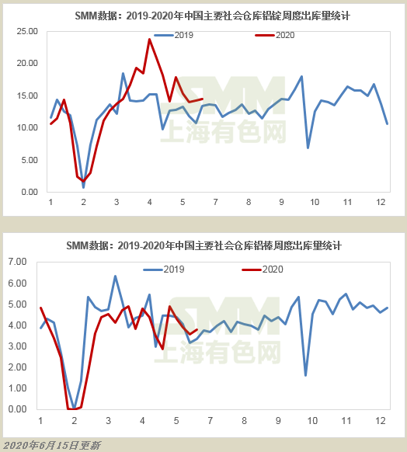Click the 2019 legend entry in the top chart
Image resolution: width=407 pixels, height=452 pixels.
coord(174,35)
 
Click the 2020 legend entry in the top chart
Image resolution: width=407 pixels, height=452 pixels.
coord(275,35)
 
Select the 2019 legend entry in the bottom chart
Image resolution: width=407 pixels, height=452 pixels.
coord(164,269)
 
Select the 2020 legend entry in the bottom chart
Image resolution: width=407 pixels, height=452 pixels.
coord(263,269)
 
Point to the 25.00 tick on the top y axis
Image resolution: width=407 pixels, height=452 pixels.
coord(27,31)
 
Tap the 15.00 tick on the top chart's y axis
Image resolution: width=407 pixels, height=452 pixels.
coord(27,96)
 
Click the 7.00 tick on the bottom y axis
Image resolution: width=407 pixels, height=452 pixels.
coord(18,262)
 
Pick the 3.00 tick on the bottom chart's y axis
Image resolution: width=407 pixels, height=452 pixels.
coord(18,346)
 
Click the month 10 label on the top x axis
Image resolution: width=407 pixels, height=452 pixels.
coord(315,202)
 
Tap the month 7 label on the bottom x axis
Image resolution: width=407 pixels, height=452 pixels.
coord(210,421)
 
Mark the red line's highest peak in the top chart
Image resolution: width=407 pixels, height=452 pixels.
coord(150,39)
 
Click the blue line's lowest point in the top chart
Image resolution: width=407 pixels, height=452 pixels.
coord(84,187)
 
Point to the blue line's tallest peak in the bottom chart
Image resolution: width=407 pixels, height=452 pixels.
coord(115,276)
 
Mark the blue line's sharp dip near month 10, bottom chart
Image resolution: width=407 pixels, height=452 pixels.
coord(305,375)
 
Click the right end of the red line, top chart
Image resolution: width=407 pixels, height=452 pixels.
coord(203,99)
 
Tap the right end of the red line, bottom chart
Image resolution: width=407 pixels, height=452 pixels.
coord(197,329)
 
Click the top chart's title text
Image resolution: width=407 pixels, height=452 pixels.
coord(213,16)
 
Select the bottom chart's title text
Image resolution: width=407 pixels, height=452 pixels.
coord(204,245)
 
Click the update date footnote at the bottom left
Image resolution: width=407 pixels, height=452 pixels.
coord(52,445)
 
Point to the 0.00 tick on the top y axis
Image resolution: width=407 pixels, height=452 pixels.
coord(30,192)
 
